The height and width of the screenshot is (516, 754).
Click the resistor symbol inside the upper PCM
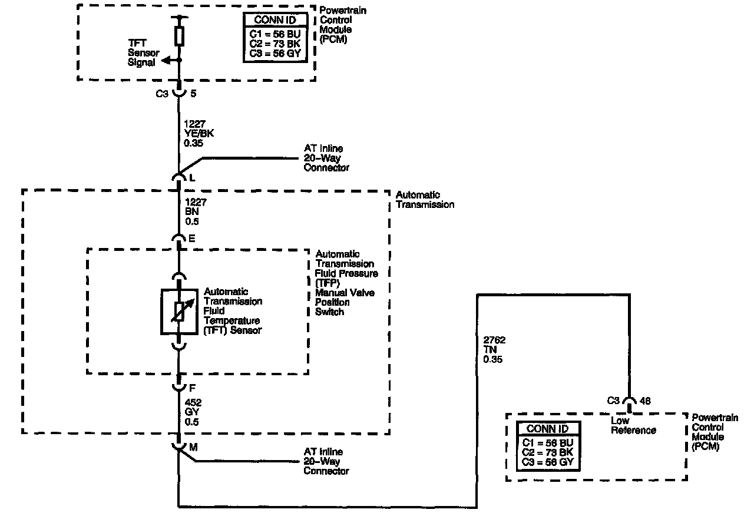pyautogui.click(x=180, y=35)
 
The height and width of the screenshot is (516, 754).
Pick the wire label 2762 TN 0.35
pyautogui.click(x=493, y=350)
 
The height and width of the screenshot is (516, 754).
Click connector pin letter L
pyautogui.click(x=192, y=178)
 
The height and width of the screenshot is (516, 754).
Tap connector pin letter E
pyautogui.click(x=192, y=239)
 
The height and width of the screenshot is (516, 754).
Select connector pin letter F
pyautogui.click(x=192, y=389)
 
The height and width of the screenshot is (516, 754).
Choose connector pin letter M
pyautogui.click(x=193, y=448)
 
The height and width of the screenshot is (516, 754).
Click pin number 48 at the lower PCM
pyautogui.click(x=645, y=401)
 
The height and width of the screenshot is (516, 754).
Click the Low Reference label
pyautogui.click(x=633, y=425)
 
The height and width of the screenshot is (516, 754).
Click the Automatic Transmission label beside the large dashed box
pyautogui.click(x=425, y=200)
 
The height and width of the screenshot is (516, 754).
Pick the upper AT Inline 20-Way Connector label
pyautogui.click(x=326, y=158)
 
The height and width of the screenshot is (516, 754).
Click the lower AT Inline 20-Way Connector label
pyautogui.click(x=326, y=461)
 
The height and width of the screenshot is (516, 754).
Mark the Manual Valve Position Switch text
pyautogui.click(x=345, y=302)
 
